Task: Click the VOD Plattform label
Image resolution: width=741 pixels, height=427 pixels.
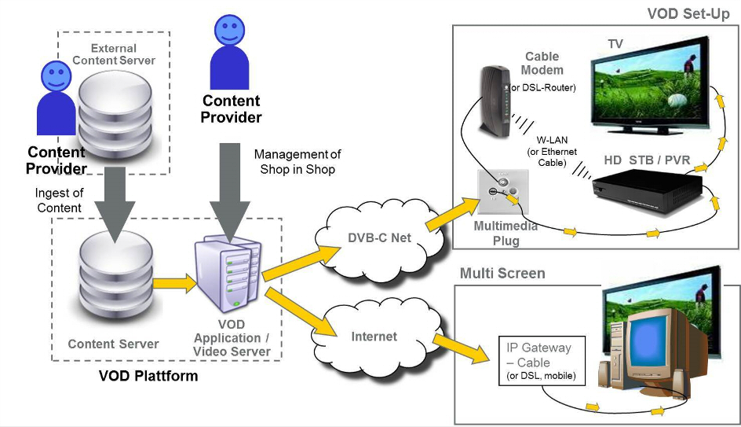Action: point(148,376)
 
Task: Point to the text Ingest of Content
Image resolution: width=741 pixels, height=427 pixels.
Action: point(59,201)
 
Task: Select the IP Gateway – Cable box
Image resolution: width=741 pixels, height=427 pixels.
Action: point(538,362)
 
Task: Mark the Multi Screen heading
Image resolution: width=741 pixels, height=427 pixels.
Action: point(502,274)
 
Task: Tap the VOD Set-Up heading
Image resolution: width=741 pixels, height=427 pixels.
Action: point(688,14)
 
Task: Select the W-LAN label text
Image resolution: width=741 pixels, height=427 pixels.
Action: point(553,140)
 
